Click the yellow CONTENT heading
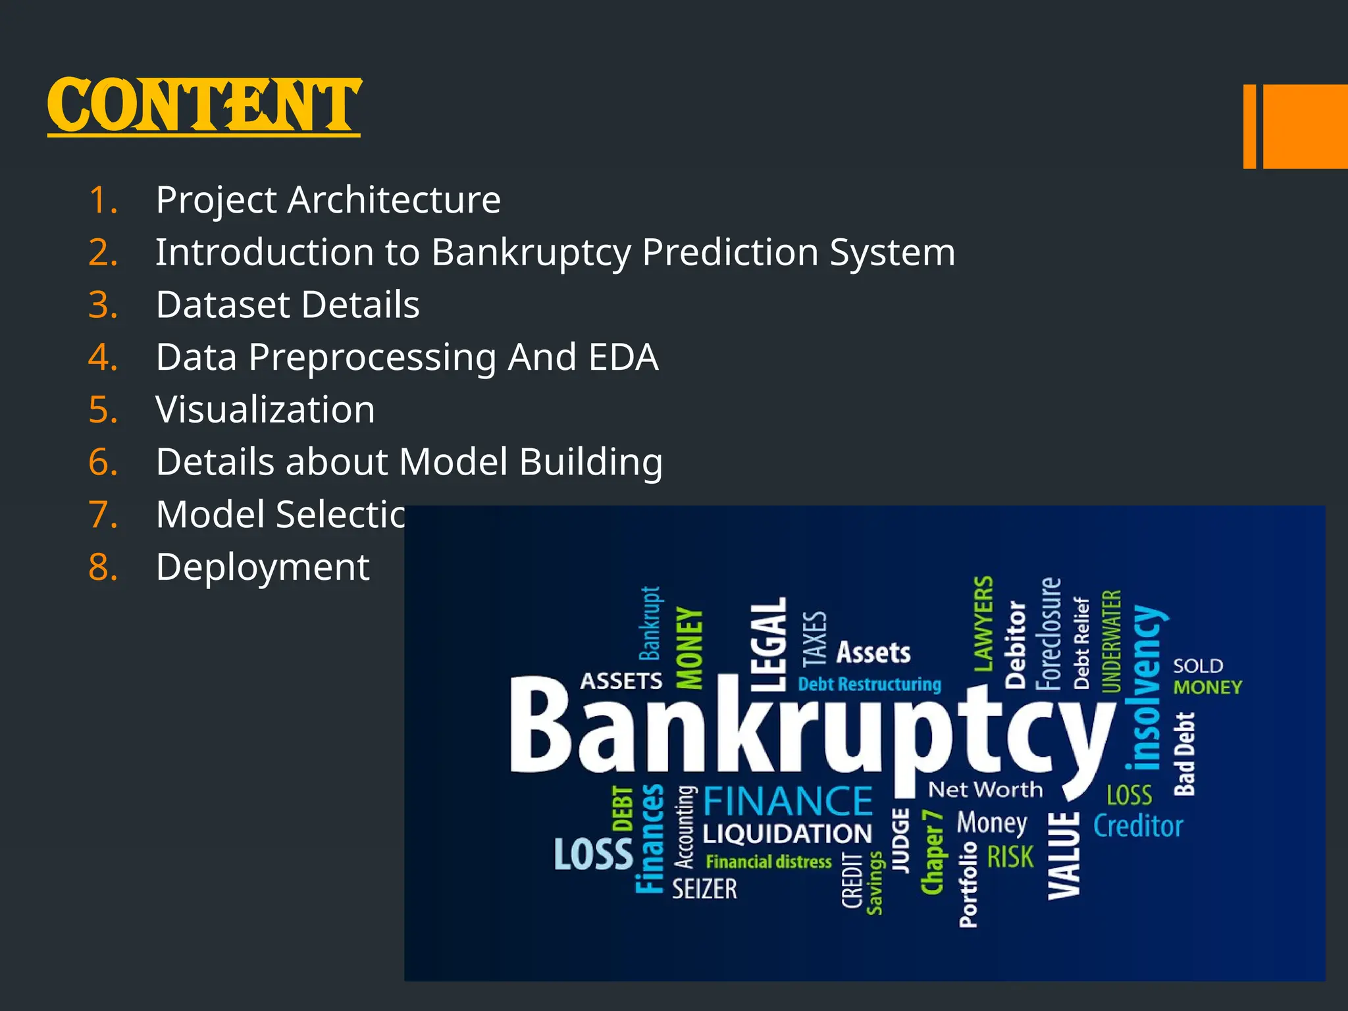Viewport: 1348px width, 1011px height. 204,105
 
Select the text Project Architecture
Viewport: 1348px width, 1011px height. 328,200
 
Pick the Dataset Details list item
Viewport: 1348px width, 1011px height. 288,305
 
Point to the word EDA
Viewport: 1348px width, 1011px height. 623,357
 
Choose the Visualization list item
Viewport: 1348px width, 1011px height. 265,409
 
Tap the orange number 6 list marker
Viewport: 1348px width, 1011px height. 103,462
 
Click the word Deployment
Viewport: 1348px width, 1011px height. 263,567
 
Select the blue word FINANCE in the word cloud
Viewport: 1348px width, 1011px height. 788,801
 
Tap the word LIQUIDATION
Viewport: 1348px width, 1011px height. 787,834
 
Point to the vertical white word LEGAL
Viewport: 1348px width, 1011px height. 769,644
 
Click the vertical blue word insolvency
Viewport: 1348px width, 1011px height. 1146,688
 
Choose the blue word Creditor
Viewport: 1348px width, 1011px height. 1138,826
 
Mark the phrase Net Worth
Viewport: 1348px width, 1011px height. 985,789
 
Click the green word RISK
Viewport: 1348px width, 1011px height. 1010,857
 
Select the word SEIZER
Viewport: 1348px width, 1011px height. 704,889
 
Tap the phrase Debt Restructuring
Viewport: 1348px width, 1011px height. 869,685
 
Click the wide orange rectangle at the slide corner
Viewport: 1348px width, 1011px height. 1305,126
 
